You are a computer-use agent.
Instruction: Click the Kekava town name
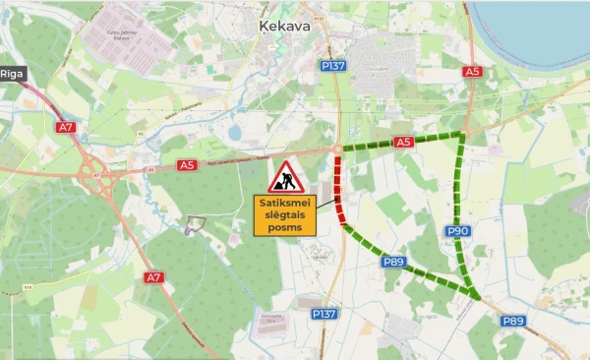(x=284, y=27)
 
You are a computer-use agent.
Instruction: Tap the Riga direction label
(x=12, y=74)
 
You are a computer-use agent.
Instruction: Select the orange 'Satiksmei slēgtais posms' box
(x=284, y=215)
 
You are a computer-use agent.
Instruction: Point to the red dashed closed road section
(x=337, y=187)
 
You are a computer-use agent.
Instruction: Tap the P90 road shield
(x=458, y=231)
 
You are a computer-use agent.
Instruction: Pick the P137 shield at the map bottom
(x=324, y=314)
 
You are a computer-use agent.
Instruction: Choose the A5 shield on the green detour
(x=403, y=143)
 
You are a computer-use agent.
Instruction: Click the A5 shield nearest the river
(x=473, y=72)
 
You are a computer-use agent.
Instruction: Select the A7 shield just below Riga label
(x=66, y=128)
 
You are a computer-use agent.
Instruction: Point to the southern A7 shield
(x=153, y=277)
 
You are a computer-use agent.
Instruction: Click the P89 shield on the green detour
(x=394, y=262)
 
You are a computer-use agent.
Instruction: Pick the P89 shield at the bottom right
(x=512, y=321)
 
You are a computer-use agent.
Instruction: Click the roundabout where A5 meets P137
(x=337, y=150)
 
